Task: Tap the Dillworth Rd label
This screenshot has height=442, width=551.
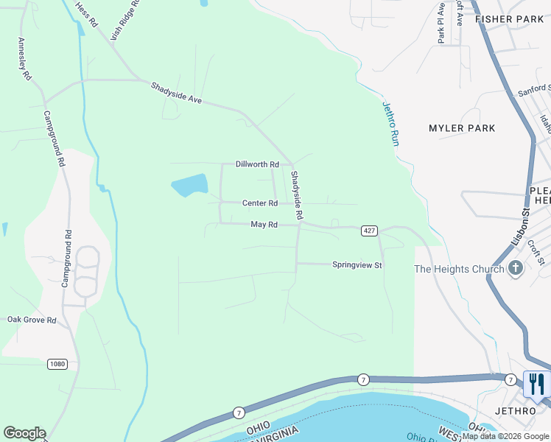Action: (x=257, y=164)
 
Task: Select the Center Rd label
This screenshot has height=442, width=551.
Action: (x=260, y=203)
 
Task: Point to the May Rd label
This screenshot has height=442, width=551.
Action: (x=263, y=224)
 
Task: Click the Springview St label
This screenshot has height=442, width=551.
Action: (x=357, y=264)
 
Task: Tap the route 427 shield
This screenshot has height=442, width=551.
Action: (x=369, y=231)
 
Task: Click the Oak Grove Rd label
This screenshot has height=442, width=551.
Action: (x=32, y=320)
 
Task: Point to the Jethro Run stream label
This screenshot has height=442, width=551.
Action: (x=390, y=122)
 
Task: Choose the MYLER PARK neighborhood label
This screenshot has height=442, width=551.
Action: (x=462, y=128)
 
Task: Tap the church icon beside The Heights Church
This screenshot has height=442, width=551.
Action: (x=515, y=268)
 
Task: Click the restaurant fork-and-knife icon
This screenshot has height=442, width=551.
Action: (x=536, y=384)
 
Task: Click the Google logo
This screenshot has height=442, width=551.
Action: (x=24, y=433)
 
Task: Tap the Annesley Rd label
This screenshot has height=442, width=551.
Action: (x=24, y=59)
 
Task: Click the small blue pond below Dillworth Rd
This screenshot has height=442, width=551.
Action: (x=189, y=185)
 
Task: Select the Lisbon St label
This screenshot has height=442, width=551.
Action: (x=520, y=227)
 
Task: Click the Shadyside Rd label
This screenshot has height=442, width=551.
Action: (x=296, y=196)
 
